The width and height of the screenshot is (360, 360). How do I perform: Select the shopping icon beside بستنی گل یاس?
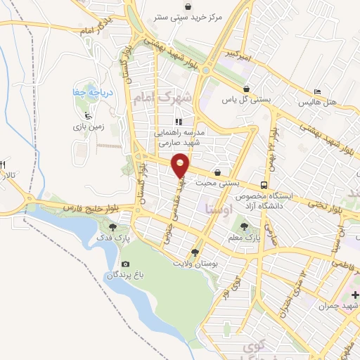point(247,89)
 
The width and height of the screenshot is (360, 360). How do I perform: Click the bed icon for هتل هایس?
point(317,92)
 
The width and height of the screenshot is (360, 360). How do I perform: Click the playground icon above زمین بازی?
point(87,115)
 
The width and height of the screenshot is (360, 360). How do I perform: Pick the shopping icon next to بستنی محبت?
point(217,172)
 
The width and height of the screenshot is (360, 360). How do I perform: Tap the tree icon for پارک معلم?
point(244,226)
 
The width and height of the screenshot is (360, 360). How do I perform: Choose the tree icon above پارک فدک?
point(113,226)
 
